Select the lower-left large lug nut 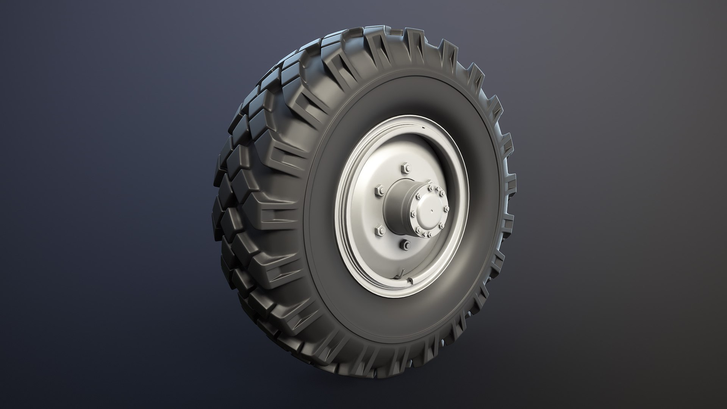tap(378, 229)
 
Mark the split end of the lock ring tap(410, 281)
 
